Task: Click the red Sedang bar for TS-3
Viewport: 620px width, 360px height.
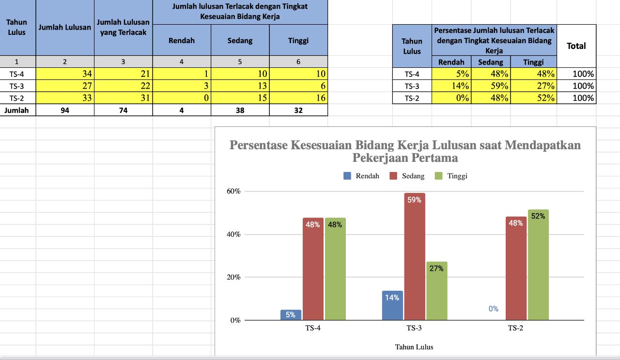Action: pyautogui.click(x=415, y=257)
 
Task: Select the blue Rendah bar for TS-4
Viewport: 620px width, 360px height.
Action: pyautogui.click(x=291, y=315)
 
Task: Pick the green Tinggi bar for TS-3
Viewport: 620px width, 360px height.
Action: pyautogui.click(x=437, y=291)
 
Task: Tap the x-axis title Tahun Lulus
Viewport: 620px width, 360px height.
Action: pyautogui.click(x=414, y=347)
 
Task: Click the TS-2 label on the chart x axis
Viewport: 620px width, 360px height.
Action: pyautogui.click(x=515, y=328)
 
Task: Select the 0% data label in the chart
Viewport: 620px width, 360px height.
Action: pyautogui.click(x=493, y=309)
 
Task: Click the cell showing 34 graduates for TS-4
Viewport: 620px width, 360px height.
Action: pyautogui.click(x=65, y=74)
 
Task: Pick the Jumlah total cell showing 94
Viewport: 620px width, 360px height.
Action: pyautogui.click(x=65, y=110)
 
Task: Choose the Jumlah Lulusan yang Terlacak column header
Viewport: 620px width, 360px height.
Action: pyautogui.click(x=124, y=28)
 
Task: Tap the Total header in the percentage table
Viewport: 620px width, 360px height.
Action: pyautogui.click(x=576, y=46)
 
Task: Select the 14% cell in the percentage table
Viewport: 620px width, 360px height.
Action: pyautogui.click(x=451, y=86)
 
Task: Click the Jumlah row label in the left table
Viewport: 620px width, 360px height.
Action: pyautogui.click(x=17, y=110)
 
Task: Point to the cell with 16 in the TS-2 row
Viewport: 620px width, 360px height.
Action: pyautogui.click(x=298, y=98)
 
